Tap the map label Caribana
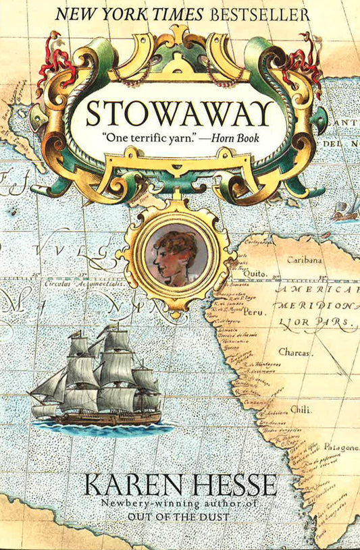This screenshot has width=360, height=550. (303, 259)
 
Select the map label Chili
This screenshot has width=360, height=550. (301, 408)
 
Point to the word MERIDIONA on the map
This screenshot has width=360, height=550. (317, 305)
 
